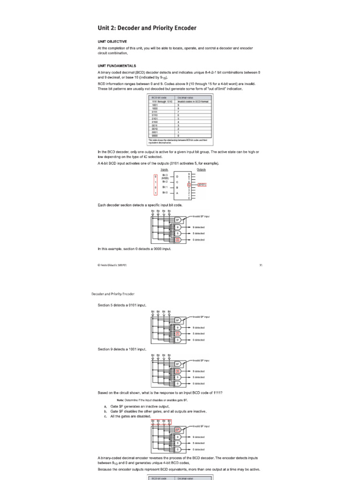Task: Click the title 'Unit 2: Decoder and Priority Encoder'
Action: (x=147, y=28)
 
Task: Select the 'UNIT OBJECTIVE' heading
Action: (x=112, y=41)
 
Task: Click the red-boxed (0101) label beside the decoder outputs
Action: (x=202, y=185)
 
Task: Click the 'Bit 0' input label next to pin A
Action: (x=165, y=193)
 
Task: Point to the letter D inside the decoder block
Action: (x=177, y=177)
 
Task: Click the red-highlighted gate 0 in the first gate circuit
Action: (x=178, y=240)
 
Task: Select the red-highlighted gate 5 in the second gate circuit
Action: (x=178, y=333)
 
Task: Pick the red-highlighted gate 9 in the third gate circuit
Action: (x=178, y=371)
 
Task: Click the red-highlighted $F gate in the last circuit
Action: (x=178, y=429)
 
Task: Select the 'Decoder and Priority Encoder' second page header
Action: (x=112, y=294)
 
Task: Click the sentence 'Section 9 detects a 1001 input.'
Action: (x=122, y=349)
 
